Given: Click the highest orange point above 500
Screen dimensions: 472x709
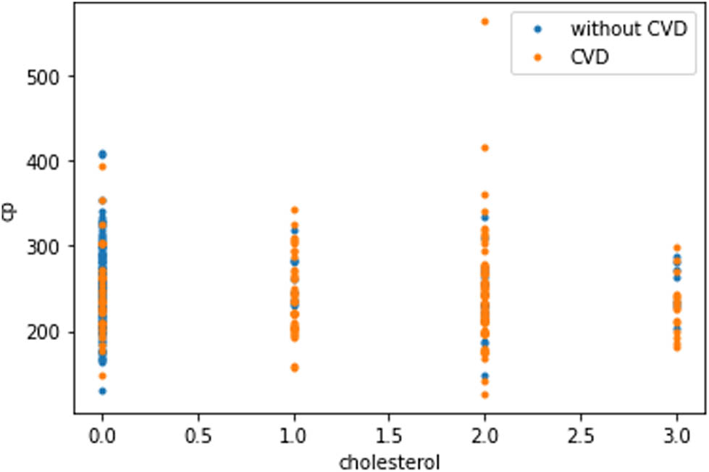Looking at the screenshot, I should point(485,22).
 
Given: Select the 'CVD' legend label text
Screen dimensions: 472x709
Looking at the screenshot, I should point(590,59).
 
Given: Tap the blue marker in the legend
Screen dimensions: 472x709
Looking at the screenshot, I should point(537,30).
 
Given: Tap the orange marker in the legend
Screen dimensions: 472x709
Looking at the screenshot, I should point(537,59).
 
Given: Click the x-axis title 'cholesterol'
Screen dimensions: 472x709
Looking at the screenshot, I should point(390,460).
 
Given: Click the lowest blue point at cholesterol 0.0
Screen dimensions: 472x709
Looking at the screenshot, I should point(102,391).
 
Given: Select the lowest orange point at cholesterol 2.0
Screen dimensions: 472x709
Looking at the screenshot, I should point(485,395).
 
